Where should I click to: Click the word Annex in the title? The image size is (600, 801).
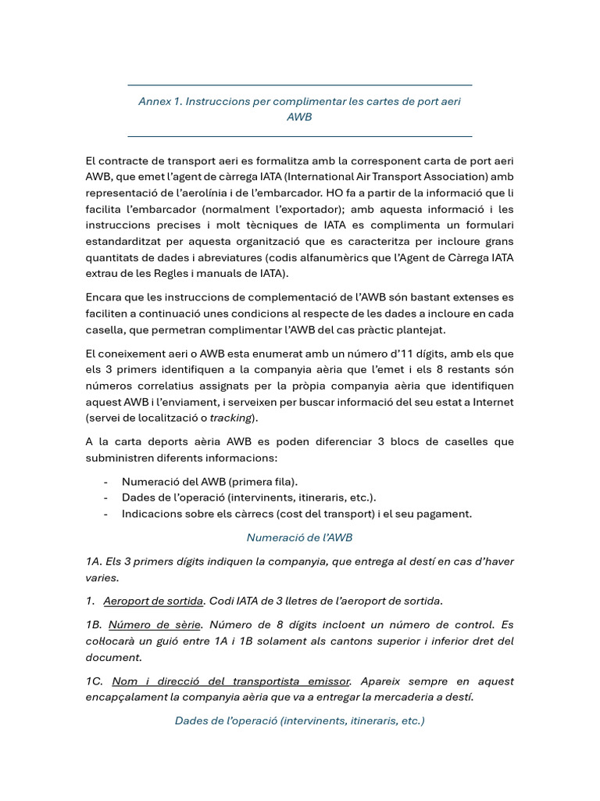[155, 102]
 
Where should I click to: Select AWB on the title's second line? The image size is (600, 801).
[299, 117]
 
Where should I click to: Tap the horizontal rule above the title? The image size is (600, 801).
[299, 85]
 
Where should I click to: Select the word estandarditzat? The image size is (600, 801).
[122, 242]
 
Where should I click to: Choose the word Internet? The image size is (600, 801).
[491, 402]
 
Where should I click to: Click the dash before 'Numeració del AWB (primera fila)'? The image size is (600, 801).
[105, 481]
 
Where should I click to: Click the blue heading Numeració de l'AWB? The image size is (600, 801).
[299, 537]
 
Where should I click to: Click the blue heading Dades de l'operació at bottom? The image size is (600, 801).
[299, 720]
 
